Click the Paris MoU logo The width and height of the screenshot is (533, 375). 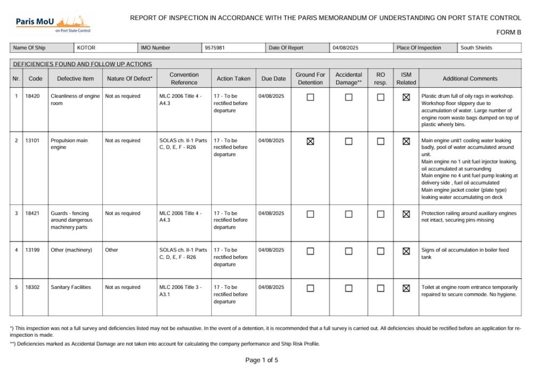[x=53, y=23]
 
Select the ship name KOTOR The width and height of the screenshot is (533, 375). [x=86, y=48]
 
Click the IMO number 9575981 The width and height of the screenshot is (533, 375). [x=215, y=48]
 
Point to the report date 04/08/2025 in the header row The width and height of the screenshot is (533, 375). [x=345, y=48]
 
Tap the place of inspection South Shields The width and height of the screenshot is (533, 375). [x=477, y=48]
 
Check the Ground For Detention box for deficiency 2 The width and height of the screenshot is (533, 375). [x=310, y=141]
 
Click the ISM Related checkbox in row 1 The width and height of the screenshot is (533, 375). [x=406, y=97]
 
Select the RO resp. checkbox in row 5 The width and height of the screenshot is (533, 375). [x=381, y=288]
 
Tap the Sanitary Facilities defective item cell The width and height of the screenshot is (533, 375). [x=71, y=288]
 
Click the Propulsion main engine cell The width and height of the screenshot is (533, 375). [x=69, y=144]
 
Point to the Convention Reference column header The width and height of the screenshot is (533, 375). [x=184, y=78]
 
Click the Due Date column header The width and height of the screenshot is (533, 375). [x=273, y=79]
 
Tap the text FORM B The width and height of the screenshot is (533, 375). [x=508, y=32]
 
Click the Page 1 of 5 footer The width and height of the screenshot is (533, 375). [x=262, y=360]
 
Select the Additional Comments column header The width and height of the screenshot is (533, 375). [x=470, y=79]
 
